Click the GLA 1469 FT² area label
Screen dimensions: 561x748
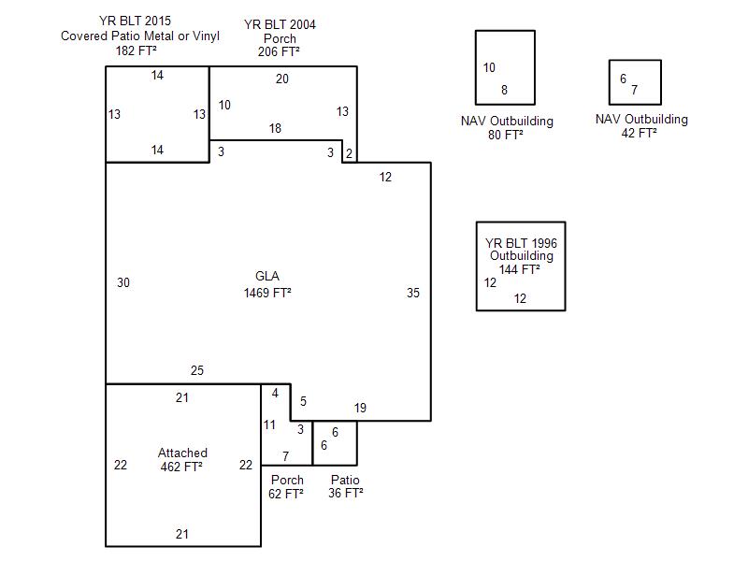click(267, 284)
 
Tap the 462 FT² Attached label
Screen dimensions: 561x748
click(182, 459)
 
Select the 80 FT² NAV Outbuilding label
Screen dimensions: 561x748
click(507, 127)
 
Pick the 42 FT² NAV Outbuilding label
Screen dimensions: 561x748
click(641, 125)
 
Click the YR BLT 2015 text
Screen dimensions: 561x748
click(140, 22)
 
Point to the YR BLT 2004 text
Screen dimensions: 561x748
click(280, 25)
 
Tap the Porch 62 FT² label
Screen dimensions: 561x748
click(287, 487)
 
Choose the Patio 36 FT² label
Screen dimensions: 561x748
click(346, 487)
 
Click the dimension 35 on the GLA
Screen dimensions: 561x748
click(413, 293)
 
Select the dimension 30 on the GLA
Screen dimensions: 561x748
click(123, 282)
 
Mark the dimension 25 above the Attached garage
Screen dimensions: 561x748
click(196, 371)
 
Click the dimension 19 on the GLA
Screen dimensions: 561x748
click(360, 408)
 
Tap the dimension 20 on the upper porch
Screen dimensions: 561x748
click(282, 79)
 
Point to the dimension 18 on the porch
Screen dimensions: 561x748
click(275, 128)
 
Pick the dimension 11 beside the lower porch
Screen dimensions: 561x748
click(269, 425)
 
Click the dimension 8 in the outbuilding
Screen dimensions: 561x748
click(505, 91)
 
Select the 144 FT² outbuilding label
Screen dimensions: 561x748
click(521, 269)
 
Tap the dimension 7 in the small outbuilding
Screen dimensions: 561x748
click(634, 91)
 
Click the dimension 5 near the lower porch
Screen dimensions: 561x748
click(303, 401)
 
